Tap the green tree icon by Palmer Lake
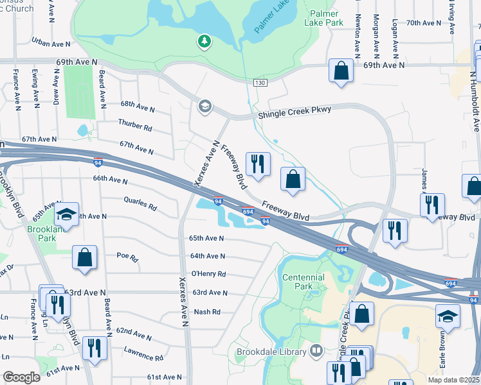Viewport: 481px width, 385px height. (204, 42)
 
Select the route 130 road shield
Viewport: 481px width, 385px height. (259, 83)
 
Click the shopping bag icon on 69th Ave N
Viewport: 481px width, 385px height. (341, 71)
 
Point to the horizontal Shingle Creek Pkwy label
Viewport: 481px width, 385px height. (295, 110)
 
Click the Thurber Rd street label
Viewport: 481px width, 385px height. (134, 124)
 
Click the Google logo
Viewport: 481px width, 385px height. (21, 377)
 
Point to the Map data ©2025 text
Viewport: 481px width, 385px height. (453, 380)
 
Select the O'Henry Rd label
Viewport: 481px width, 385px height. (208, 274)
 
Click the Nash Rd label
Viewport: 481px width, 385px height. (207, 312)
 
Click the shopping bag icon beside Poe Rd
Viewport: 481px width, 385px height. (84, 258)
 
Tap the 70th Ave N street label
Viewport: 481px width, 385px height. (423, 22)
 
